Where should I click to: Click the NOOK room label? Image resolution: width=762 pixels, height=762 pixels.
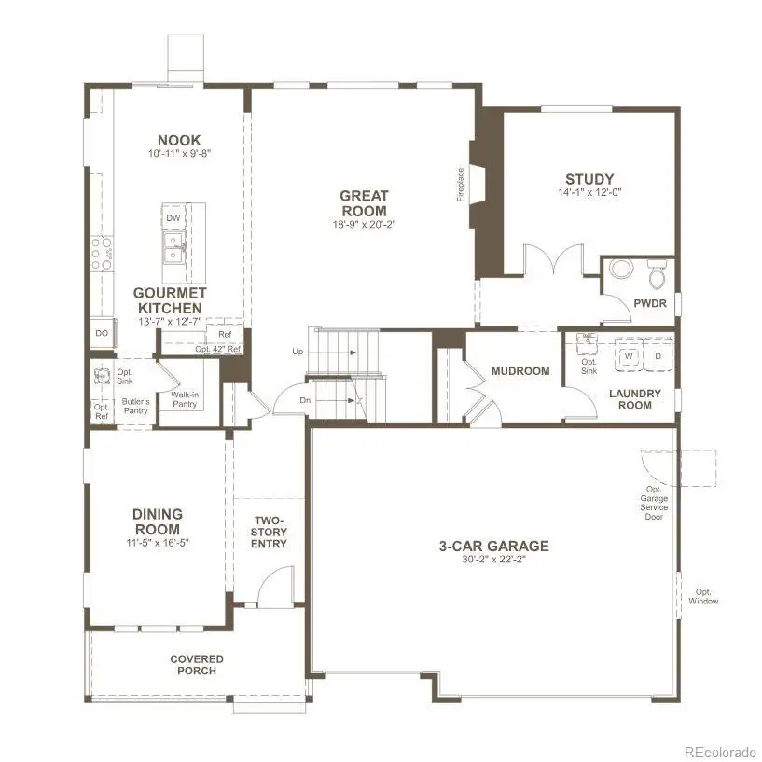click(179, 141)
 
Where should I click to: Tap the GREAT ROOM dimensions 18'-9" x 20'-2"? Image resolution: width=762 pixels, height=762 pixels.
click(365, 225)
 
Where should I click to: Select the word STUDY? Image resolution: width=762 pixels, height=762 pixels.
click(589, 179)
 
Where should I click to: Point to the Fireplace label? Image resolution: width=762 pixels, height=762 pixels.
click(461, 185)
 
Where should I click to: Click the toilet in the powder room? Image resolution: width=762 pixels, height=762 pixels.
click(657, 274)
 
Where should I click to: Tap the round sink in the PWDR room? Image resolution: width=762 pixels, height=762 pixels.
click(621, 269)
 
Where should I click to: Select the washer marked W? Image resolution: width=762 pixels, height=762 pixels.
click(629, 356)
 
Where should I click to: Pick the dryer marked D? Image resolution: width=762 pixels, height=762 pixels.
click(658, 356)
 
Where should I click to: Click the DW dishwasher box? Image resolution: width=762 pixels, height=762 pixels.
click(173, 218)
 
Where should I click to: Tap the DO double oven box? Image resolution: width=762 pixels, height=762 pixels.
click(102, 333)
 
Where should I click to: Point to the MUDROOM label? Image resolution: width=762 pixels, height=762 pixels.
click(520, 371)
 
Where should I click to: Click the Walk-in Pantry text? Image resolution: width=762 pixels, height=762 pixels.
click(185, 399)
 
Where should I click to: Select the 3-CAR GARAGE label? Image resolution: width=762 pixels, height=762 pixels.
click(494, 547)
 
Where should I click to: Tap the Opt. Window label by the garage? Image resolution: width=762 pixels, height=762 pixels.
click(703, 596)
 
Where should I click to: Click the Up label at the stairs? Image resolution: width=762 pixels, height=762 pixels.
click(298, 352)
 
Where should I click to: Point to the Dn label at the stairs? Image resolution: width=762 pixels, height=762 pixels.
click(305, 400)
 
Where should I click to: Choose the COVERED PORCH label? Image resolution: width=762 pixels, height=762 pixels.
click(197, 665)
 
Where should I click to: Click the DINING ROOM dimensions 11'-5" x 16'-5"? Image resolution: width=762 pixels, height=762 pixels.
click(158, 543)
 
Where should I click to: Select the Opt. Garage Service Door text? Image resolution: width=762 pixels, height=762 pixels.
click(654, 503)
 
